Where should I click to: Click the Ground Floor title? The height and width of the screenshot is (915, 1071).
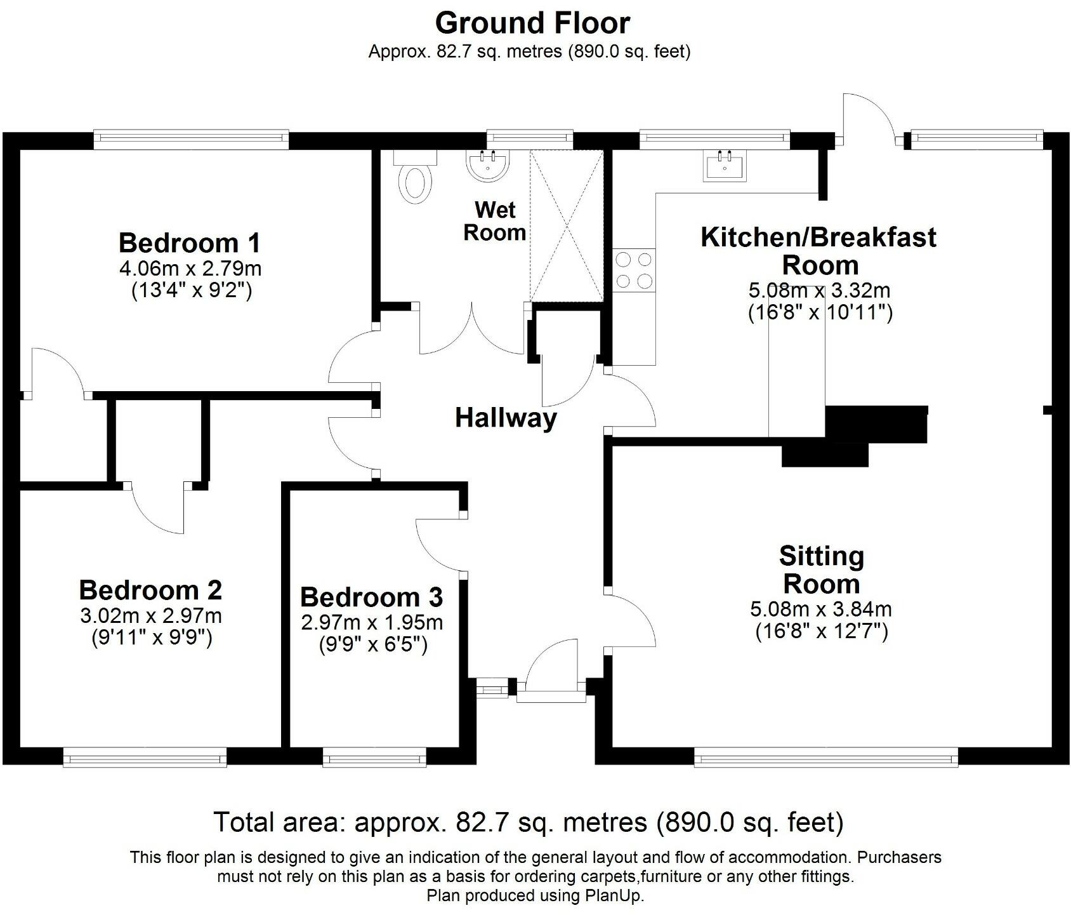(x=532, y=23)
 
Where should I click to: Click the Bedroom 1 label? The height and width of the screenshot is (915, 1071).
(x=190, y=243)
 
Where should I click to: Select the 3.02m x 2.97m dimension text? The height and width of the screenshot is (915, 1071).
(x=151, y=615)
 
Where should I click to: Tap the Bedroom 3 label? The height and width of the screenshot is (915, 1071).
(x=371, y=597)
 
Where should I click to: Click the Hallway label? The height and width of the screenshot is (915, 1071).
(x=506, y=418)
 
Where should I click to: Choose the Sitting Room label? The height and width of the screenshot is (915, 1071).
(x=822, y=570)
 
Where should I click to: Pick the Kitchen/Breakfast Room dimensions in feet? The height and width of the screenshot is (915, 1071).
(x=820, y=312)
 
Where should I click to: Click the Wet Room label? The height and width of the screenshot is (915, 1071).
(x=494, y=221)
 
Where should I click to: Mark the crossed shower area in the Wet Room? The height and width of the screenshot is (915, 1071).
(x=566, y=225)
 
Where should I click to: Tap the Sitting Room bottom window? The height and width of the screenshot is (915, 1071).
(x=825, y=756)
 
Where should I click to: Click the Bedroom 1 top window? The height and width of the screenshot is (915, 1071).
(x=191, y=138)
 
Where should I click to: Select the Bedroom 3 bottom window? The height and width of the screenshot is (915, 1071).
(x=374, y=757)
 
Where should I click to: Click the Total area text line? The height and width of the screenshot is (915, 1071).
(x=529, y=822)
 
